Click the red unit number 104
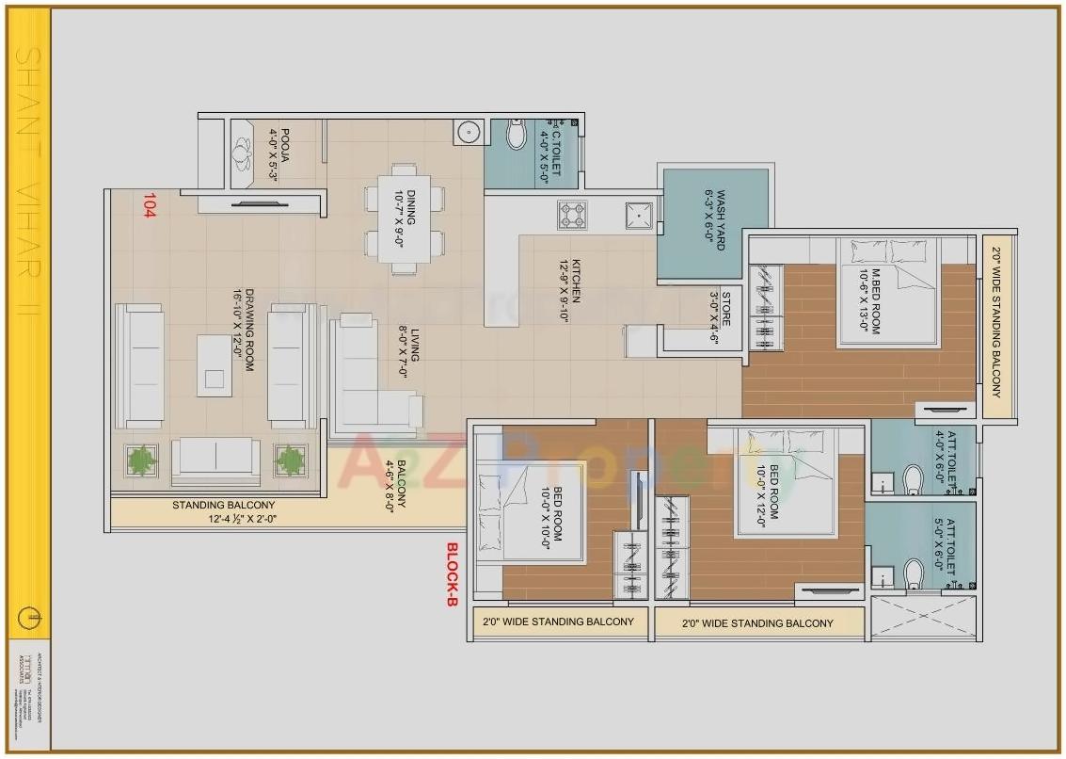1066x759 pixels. pos(149,206)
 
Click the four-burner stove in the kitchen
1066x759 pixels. pos(572,215)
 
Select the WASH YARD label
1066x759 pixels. pos(715,219)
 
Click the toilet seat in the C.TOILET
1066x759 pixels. pos(516,136)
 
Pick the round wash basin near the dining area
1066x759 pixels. pos(468,133)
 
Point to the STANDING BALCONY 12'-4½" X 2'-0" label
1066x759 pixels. pos(224,511)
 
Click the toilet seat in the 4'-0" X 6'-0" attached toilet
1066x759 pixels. pos(912,479)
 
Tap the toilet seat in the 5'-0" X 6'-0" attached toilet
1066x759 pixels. pos(912,573)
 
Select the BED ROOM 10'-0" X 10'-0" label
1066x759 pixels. pos(551,513)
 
